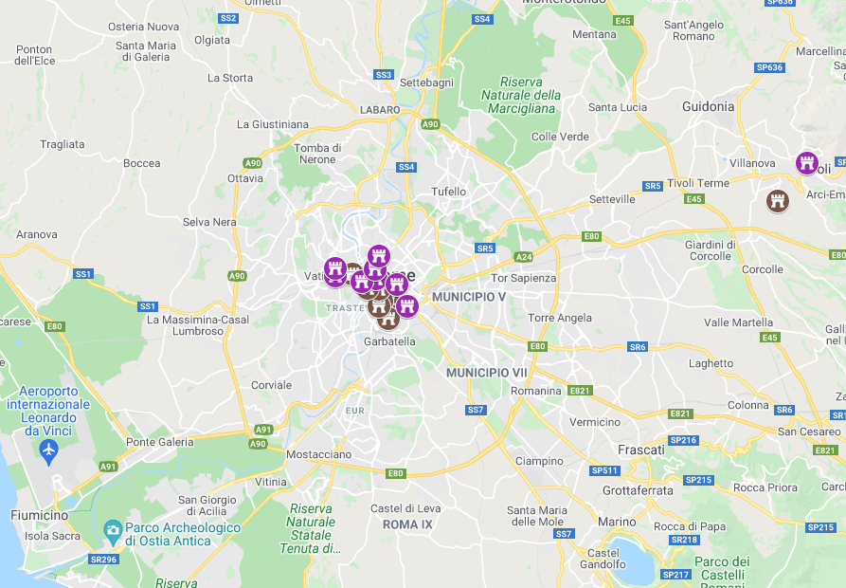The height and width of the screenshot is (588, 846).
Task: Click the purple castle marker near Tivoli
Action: (806, 162)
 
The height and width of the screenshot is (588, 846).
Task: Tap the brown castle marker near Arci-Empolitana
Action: (778, 200)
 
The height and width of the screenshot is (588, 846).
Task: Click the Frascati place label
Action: (640, 449)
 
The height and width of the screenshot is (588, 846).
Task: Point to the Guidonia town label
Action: (708, 106)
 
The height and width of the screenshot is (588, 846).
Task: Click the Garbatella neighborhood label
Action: (389, 341)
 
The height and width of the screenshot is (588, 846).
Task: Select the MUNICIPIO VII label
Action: (486, 373)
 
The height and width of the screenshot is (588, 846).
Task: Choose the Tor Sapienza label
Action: (524, 278)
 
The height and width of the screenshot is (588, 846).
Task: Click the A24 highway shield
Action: (524, 257)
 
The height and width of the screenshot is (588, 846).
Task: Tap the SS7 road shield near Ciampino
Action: (475, 410)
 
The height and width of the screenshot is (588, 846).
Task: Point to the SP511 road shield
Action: (603, 470)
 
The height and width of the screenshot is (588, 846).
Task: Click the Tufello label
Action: (449, 192)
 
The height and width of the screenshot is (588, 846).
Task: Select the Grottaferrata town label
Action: (638, 490)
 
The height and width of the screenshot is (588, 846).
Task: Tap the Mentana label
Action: (595, 34)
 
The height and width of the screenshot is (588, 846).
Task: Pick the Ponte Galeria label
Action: (160, 442)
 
